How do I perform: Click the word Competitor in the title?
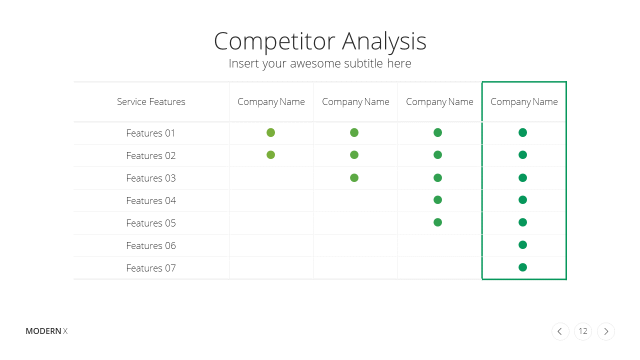274,41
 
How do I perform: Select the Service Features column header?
151,101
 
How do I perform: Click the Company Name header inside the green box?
524,102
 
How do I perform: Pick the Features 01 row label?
150,133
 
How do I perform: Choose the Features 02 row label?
151,155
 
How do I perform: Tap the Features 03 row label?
151,178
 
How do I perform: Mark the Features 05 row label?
151,223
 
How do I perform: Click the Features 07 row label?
151,268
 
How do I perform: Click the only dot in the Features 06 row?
522,245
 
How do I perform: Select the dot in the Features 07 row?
522,267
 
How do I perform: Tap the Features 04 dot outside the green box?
437,200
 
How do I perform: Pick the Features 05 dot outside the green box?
437,222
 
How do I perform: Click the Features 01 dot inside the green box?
522,132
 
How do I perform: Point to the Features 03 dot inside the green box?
522,178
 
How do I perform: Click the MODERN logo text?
43,331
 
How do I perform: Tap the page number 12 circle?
583,331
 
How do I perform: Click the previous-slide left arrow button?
560,331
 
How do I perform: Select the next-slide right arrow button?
605,331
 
